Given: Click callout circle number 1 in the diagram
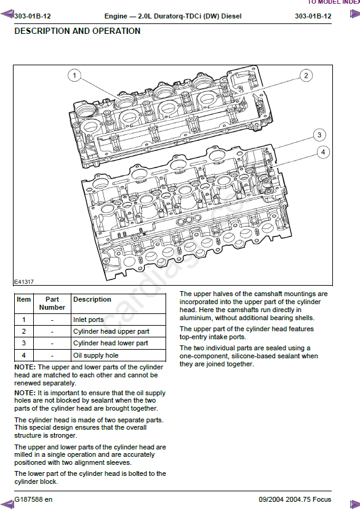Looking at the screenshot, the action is point(74,76).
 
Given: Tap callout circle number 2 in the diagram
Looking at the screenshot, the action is point(306,76).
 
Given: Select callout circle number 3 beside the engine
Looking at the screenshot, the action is point(319,135).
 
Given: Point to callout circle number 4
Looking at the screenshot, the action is point(323,152).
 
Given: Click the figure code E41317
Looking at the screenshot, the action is point(24,282).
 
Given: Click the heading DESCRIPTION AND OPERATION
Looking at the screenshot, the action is point(78,31).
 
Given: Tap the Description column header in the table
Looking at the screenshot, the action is point(92,299).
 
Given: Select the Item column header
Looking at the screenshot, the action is point(24,299).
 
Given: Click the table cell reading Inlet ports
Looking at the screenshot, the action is point(88,320).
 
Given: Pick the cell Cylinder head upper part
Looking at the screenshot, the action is point(111,331).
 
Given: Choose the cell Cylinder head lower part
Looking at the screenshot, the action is point(110,343).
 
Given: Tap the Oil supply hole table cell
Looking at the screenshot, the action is point(96,355).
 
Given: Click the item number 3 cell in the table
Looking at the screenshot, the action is point(24,343).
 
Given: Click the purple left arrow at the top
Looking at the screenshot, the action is point(7,14).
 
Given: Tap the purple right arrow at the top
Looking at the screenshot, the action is point(354,14).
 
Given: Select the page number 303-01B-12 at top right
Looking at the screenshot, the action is point(313,16).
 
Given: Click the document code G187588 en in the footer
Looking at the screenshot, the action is point(33,499).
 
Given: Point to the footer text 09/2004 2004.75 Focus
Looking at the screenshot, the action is point(295,499).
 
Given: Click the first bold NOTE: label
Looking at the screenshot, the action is point(25,367).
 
